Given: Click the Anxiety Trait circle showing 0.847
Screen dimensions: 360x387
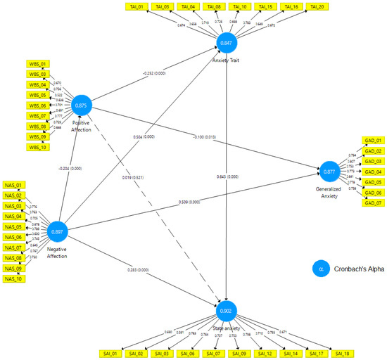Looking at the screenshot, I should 227,44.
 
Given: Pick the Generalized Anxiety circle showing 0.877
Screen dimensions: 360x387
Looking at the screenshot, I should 329,172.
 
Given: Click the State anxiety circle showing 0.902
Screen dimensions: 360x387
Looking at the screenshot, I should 227,310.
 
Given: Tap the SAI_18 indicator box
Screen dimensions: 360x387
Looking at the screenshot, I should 342,352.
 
